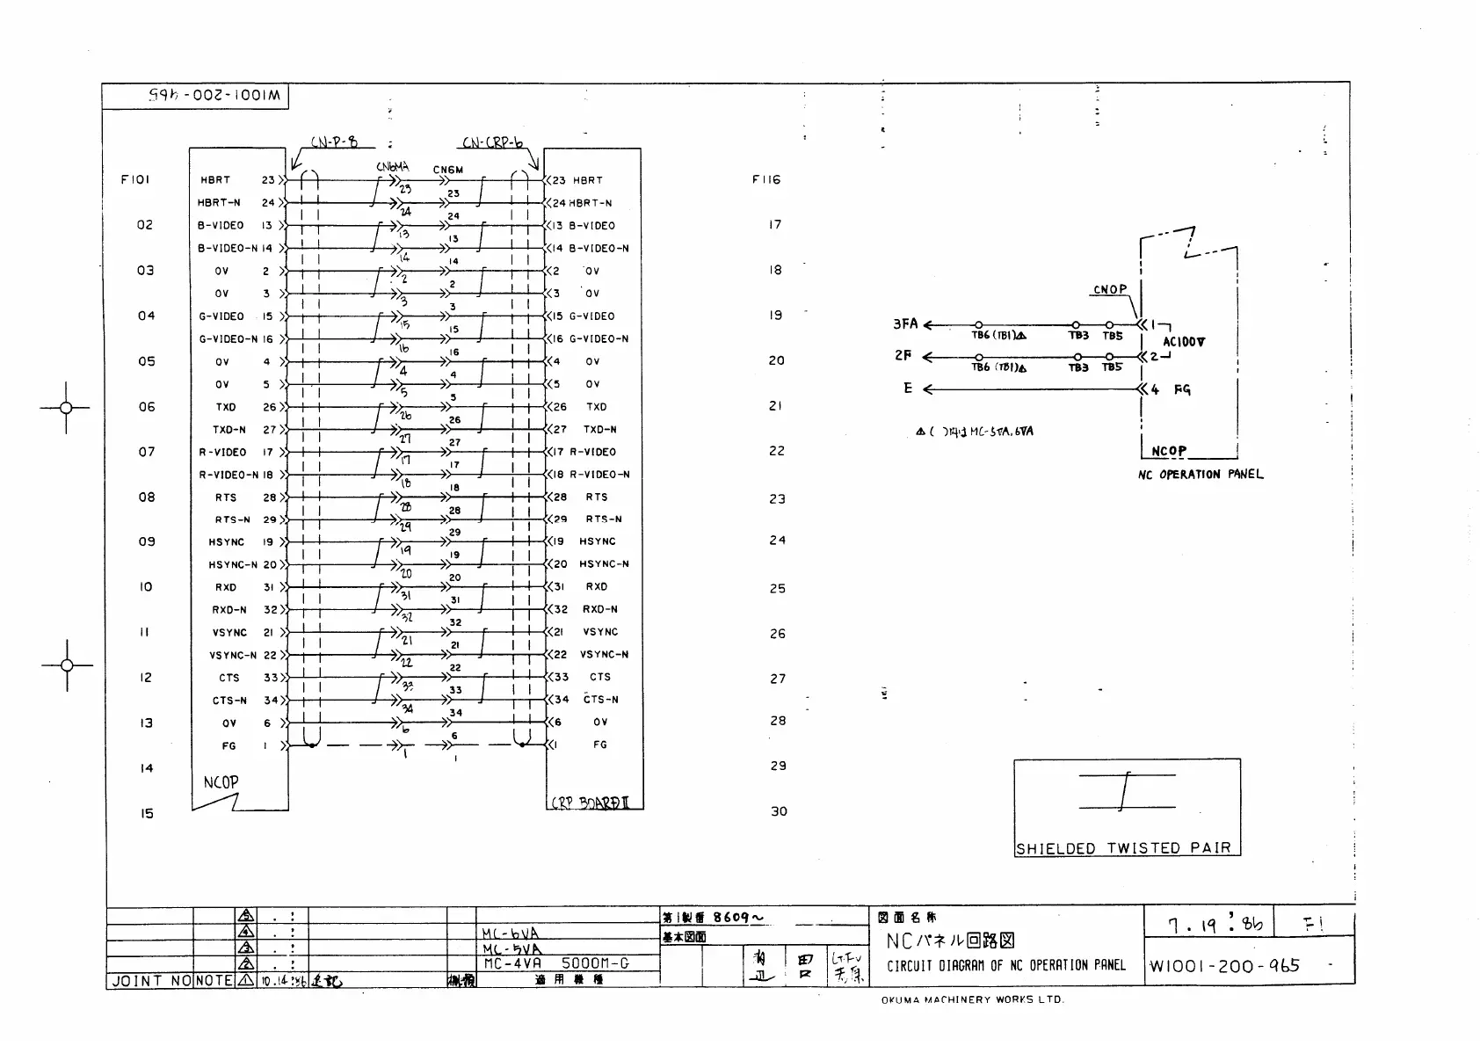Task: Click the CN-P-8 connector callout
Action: [334, 142]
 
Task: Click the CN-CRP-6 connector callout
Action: [493, 142]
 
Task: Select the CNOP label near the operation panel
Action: [1110, 289]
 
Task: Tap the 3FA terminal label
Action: [905, 323]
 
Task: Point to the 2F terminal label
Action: [903, 356]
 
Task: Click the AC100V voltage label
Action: [1184, 342]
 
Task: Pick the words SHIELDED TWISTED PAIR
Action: [1123, 848]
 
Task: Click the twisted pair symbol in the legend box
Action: [1126, 791]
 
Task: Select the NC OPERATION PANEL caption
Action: [1201, 475]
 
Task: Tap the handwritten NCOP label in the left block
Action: [221, 781]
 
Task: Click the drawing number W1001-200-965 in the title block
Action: [1224, 966]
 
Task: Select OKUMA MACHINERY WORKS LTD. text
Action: [973, 999]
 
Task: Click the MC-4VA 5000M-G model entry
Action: [555, 962]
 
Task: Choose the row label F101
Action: [135, 179]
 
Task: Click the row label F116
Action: [766, 179]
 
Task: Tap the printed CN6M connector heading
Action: [447, 170]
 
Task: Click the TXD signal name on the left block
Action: [226, 407]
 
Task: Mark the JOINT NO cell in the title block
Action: [150, 980]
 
